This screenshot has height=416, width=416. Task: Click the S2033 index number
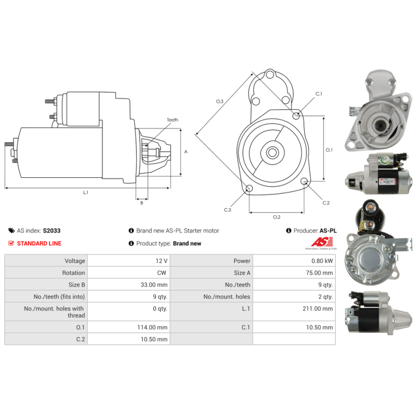(x=51, y=230)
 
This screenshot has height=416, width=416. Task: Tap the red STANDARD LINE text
(x=39, y=243)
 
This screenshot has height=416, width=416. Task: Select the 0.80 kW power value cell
(x=294, y=261)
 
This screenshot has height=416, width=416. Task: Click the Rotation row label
(x=73, y=272)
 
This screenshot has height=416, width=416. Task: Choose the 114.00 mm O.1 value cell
(x=128, y=327)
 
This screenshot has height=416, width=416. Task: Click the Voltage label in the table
(x=75, y=261)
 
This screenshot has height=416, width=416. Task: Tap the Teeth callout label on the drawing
(x=173, y=120)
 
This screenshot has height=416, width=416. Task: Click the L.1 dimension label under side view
(x=85, y=192)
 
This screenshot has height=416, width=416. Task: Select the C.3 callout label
(x=227, y=210)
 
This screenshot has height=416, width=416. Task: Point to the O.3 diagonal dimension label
(x=219, y=101)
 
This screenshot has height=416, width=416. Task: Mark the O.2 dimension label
(x=277, y=217)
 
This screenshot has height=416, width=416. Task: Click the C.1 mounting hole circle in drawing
(x=296, y=115)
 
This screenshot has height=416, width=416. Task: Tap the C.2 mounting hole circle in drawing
(x=304, y=181)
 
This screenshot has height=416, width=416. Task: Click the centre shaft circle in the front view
(x=272, y=152)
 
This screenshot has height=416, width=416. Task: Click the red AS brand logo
(x=322, y=242)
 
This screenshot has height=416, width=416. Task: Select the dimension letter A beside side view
(x=186, y=152)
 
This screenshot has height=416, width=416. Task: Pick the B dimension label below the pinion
(x=141, y=203)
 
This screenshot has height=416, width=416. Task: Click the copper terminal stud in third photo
(x=370, y=206)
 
